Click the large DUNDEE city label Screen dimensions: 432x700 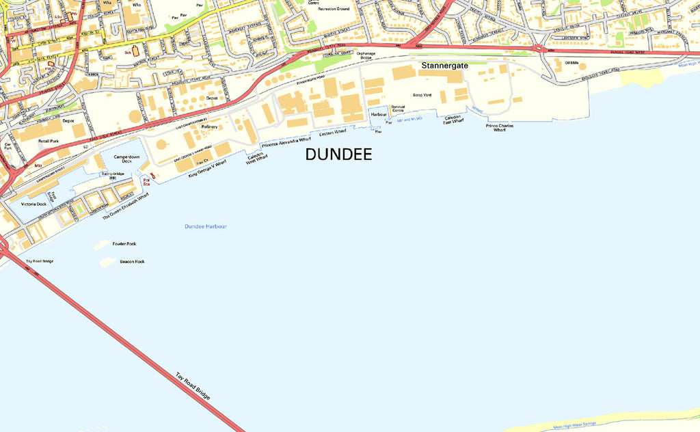click(338, 154)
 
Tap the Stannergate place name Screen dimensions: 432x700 click(445, 66)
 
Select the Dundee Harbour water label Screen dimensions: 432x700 click(205, 226)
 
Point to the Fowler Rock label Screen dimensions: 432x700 click(124, 243)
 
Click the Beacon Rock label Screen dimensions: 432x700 click(132, 261)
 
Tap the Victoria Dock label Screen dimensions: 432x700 click(33, 204)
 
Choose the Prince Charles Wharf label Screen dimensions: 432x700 click(500, 128)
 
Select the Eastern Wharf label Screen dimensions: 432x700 click(333, 133)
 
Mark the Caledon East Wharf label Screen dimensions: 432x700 click(453, 120)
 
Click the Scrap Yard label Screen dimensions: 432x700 click(422, 95)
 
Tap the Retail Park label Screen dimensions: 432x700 click(49, 141)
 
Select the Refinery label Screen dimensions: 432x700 click(209, 126)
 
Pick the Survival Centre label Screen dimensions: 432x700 click(398, 109)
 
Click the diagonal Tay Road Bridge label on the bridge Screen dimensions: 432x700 click(193, 386)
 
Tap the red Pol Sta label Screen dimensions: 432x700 click(146, 183)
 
